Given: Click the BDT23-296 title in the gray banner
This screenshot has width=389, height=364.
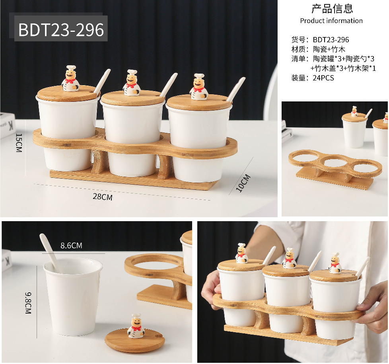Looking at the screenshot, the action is tap(61, 30).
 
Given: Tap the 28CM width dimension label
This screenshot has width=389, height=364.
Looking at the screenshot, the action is tap(103, 197).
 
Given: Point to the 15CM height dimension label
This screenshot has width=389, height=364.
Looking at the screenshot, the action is tap(19, 143).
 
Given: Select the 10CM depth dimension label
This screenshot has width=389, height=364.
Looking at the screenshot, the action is tap(243, 183).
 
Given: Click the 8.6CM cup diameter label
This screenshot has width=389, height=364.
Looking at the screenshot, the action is tap(71, 245).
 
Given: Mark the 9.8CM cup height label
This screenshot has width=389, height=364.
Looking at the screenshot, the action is tap(28, 303).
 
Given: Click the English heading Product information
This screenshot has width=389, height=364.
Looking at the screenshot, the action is tap(331, 21).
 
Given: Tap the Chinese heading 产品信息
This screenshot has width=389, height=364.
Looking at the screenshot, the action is tap(332, 9).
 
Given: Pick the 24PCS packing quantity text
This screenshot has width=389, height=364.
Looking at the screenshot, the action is tap(323, 78).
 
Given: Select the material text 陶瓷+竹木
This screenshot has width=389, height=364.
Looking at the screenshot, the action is tap(329, 49).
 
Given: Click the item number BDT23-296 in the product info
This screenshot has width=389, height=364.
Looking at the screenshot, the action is tap(331, 40).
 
